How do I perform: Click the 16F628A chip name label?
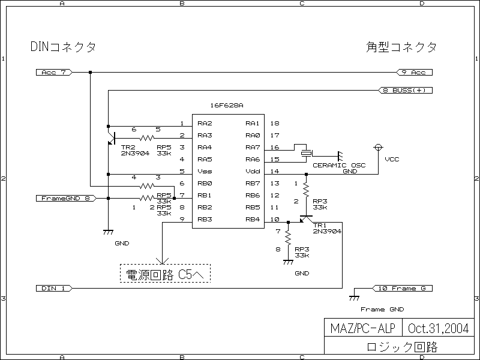tap(227, 106)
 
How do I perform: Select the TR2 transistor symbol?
tap(112, 136)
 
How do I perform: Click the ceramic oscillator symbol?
tap(306, 153)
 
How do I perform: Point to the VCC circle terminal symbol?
tap(378, 147)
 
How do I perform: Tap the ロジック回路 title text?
tap(401, 347)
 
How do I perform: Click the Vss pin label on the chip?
tap(204, 172)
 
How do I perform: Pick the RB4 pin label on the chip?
tap(252, 220)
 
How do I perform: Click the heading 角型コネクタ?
tap(401, 47)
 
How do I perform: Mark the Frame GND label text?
tap(382, 310)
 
